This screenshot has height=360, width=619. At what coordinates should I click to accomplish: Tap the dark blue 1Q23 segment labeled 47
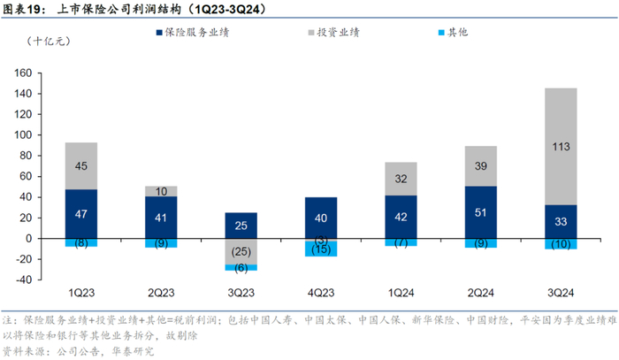(x=81, y=213)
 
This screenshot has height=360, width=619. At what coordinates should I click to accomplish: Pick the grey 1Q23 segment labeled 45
(x=81, y=165)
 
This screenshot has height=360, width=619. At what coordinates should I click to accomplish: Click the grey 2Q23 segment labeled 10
(x=161, y=191)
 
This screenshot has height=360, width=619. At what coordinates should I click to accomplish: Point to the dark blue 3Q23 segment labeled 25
(x=241, y=225)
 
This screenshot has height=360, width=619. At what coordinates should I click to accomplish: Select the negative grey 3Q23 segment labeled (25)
(x=241, y=251)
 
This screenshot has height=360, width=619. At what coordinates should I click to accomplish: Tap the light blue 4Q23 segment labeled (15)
(x=321, y=249)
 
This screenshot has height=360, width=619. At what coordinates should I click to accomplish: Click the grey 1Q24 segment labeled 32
(x=401, y=179)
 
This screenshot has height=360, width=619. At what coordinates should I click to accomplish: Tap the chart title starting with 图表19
(x=133, y=10)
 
